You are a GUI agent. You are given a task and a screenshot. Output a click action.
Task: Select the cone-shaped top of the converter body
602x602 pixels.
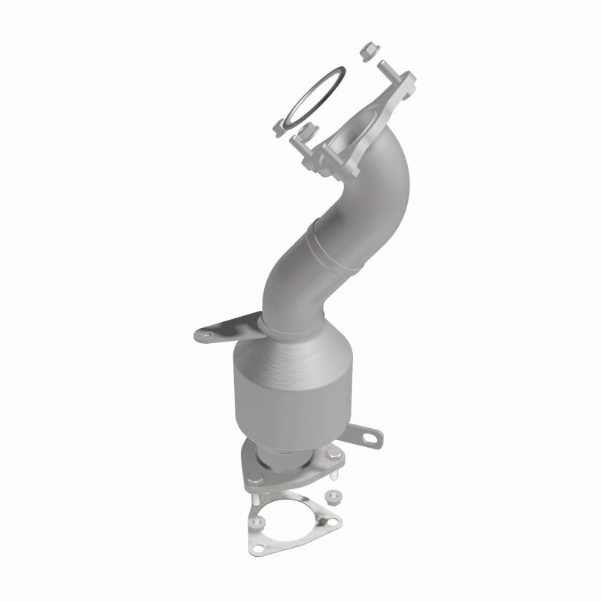point(290,354)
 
